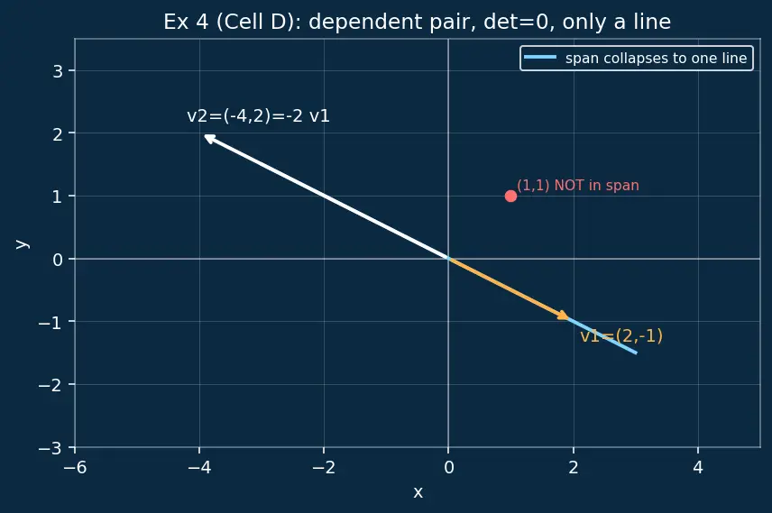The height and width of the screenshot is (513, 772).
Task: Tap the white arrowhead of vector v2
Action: click(208, 138)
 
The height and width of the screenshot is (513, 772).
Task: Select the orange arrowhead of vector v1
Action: click(564, 315)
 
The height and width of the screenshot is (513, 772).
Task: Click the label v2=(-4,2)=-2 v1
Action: click(258, 116)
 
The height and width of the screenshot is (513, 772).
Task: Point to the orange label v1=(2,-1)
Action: click(621, 335)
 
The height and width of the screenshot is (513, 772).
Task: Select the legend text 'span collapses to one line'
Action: click(656, 58)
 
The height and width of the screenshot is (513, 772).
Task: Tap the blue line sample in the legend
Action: click(540, 58)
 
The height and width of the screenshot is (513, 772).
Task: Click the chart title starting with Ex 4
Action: click(417, 22)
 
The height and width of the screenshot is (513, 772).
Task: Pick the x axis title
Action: click(418, 492)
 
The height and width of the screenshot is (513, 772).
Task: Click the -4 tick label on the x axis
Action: click(199, 467)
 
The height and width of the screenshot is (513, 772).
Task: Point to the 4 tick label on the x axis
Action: click(698, 467)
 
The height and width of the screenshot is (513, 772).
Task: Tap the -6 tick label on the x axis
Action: click(75, 467)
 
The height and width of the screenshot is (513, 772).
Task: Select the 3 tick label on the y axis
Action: click(58, 71)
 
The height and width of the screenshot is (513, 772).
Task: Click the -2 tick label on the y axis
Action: click(51, 385)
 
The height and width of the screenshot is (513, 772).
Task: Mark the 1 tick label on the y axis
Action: click(58, 197)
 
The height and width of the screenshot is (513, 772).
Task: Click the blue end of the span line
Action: click(636, 353)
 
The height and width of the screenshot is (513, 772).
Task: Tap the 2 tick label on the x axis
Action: click(574, 467)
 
